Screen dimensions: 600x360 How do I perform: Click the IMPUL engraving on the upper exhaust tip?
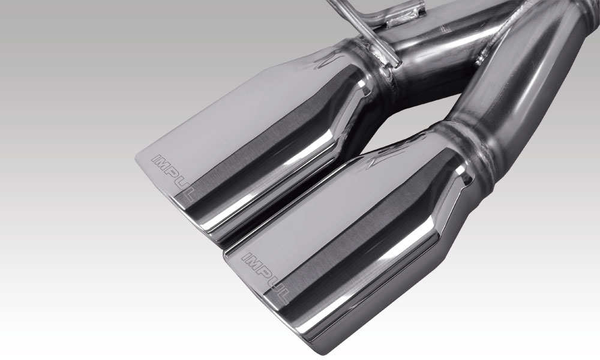coord(173,177)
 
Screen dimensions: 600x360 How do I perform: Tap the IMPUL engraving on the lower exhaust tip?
coord(265,277)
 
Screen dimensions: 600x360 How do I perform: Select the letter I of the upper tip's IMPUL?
coord(155,158)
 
